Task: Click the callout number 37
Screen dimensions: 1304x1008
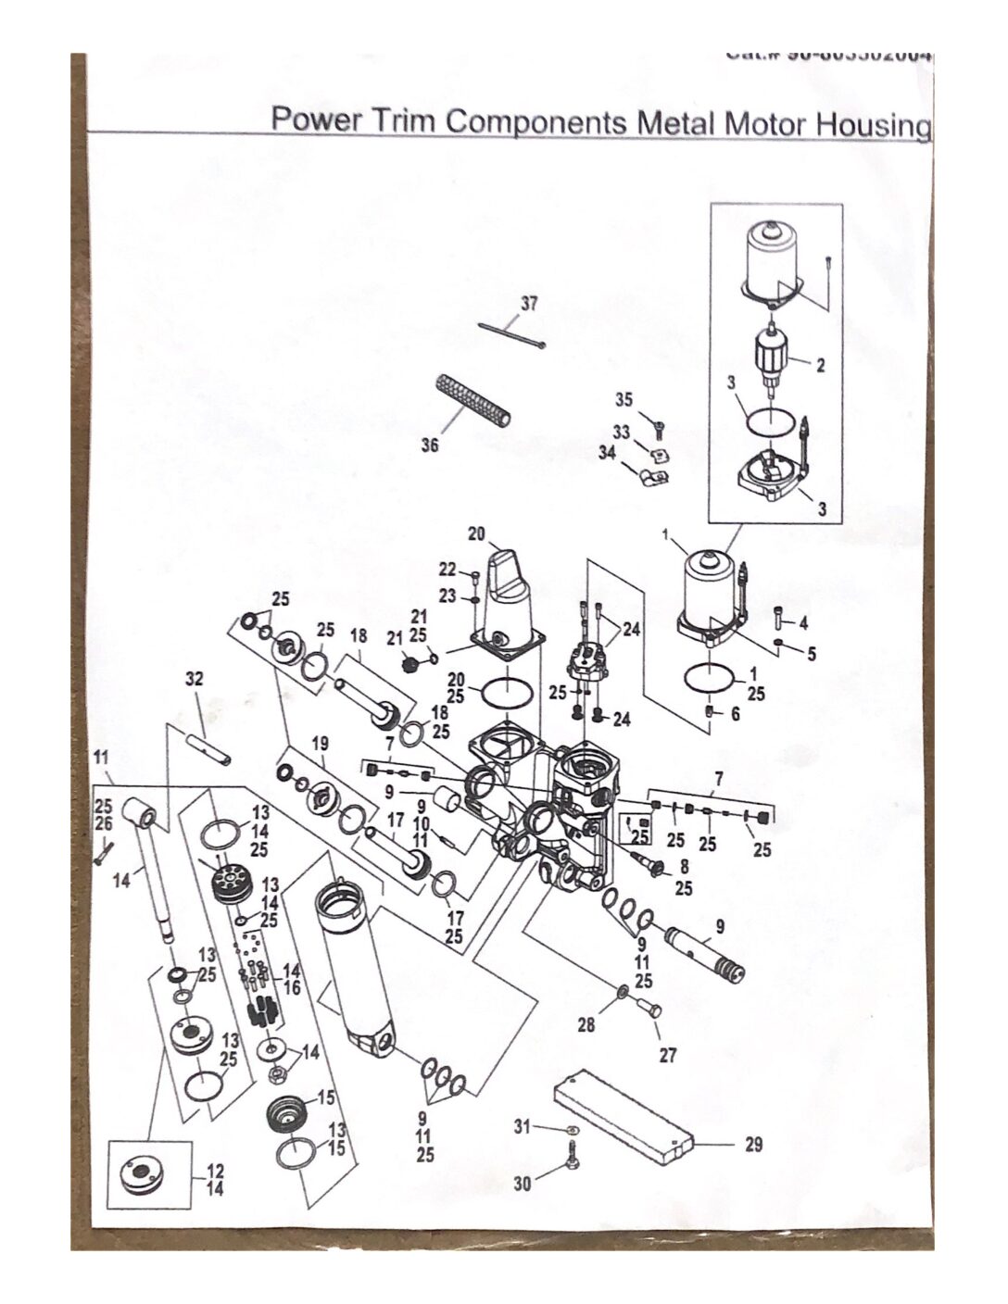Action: tap(529, 304)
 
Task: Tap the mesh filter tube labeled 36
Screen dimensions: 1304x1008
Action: tap(473, 401)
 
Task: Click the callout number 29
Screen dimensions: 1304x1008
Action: tap(753, 1145)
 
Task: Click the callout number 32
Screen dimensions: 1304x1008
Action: tap(194, 679)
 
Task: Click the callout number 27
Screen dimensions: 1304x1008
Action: tap(668, 1055)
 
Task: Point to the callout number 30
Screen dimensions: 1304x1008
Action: tap(523, 1184)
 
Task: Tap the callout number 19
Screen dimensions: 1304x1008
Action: tap(320, 743)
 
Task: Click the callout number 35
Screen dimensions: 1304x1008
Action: tap(624, 400)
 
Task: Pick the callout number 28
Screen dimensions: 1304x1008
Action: tap(586, 1025)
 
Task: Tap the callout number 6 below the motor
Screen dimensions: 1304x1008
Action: tap(735, 715)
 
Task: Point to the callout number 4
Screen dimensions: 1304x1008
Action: tap(803, 621)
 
